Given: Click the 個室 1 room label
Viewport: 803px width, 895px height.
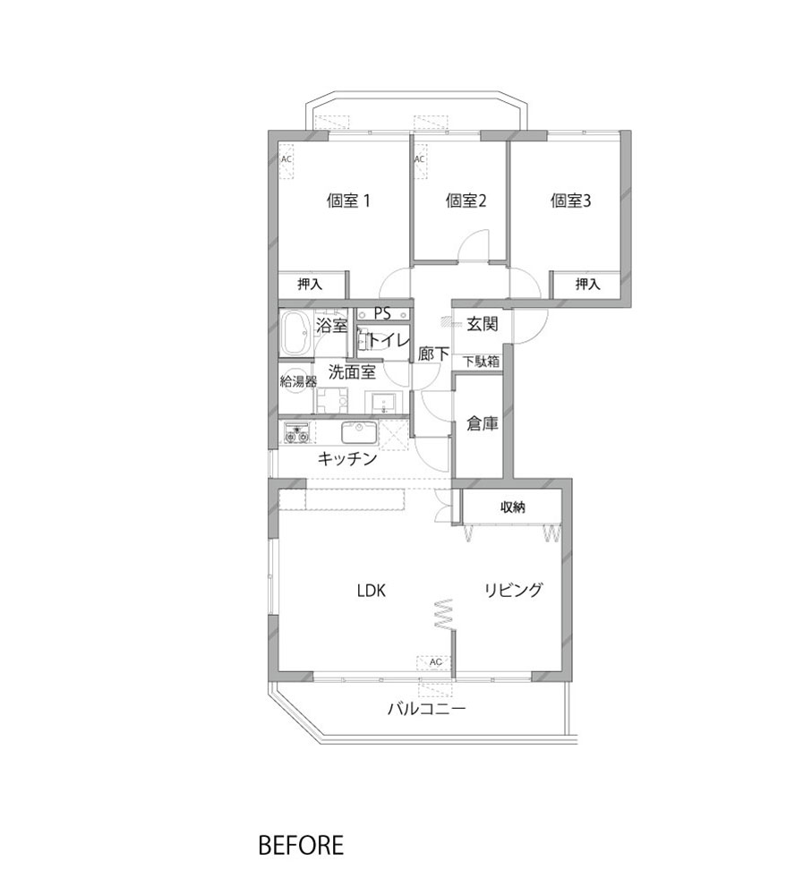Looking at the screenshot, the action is [348, 200].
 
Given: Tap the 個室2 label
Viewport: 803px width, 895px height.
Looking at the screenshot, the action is [466, 200].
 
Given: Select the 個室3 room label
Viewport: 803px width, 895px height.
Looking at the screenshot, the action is [570, 200].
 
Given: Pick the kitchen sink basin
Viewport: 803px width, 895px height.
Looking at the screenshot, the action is [360, 432].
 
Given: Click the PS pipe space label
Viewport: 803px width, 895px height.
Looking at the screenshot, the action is [382, 313].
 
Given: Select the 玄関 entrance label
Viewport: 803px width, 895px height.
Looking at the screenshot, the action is [482, 324].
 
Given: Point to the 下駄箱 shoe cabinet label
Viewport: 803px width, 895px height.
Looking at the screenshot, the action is [481, 362].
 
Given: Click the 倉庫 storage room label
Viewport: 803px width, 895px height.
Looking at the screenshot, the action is [482, 423].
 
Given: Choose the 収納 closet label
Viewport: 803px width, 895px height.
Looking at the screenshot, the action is [512, 507].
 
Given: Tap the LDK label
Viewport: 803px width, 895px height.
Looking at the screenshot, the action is [372, 591].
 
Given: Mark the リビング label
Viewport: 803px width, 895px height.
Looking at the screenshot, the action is [513, 590].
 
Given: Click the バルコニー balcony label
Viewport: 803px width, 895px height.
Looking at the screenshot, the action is [427, 710].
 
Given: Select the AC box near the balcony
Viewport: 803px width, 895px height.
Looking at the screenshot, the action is [435, 662].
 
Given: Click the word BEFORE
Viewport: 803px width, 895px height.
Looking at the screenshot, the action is [301, 846].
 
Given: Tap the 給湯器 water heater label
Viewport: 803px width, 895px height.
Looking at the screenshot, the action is [298, 381].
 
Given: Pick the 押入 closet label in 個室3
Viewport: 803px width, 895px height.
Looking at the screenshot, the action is [587, 284].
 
